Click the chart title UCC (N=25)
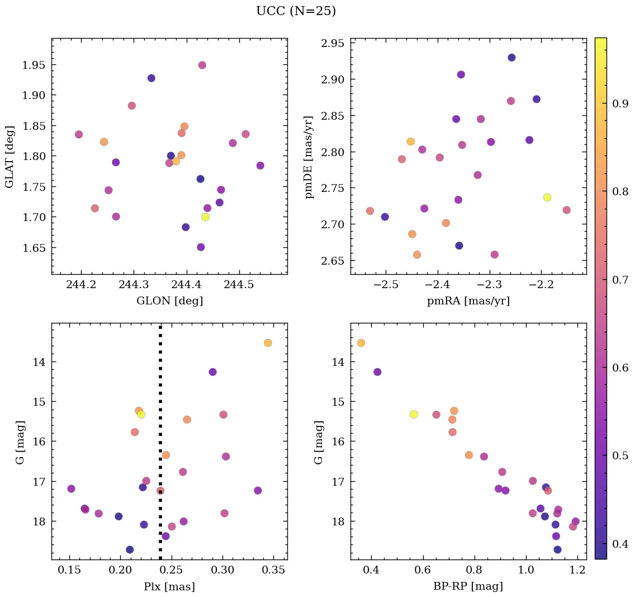coord(296,11)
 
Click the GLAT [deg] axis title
coord(10,156)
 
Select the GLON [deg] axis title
coord(169,301)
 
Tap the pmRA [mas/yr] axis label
coord(468,301)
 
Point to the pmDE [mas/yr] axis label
coord(309,157)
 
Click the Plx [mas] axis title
coord(169,587)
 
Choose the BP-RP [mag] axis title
coord(468,586)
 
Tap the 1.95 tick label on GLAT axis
coord(34,65)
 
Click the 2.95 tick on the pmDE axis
coord(333,43)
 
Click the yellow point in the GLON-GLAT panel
coord(205,217)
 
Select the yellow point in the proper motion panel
coord(547,198)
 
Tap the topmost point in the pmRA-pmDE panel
coord(511,58)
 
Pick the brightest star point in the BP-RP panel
coord(361,343)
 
